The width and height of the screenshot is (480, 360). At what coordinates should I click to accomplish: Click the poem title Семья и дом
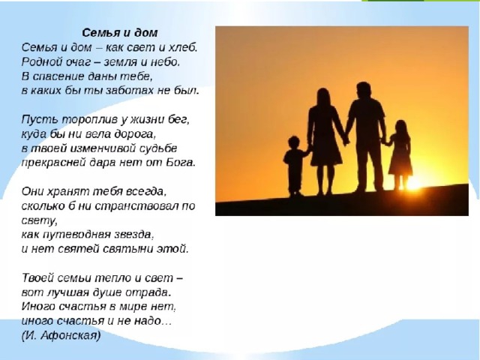click(x=120, y=33)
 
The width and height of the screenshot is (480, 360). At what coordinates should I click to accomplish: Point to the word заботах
click(x=130, y=91)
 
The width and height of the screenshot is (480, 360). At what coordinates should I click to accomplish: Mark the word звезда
click(x=134, y=235)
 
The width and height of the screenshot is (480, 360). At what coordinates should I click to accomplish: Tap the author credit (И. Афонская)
click(x=61, y=336)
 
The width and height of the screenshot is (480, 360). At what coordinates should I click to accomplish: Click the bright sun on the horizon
click(x=413, y=183)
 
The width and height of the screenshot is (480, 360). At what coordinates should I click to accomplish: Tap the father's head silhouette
click(x=363, y=91)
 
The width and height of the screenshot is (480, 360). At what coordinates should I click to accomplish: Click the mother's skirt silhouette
click(x=325, y=151)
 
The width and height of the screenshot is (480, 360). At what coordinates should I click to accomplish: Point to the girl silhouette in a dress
click(x=400, y=154)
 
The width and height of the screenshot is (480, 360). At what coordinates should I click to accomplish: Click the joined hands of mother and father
click(x=345, y=140)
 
